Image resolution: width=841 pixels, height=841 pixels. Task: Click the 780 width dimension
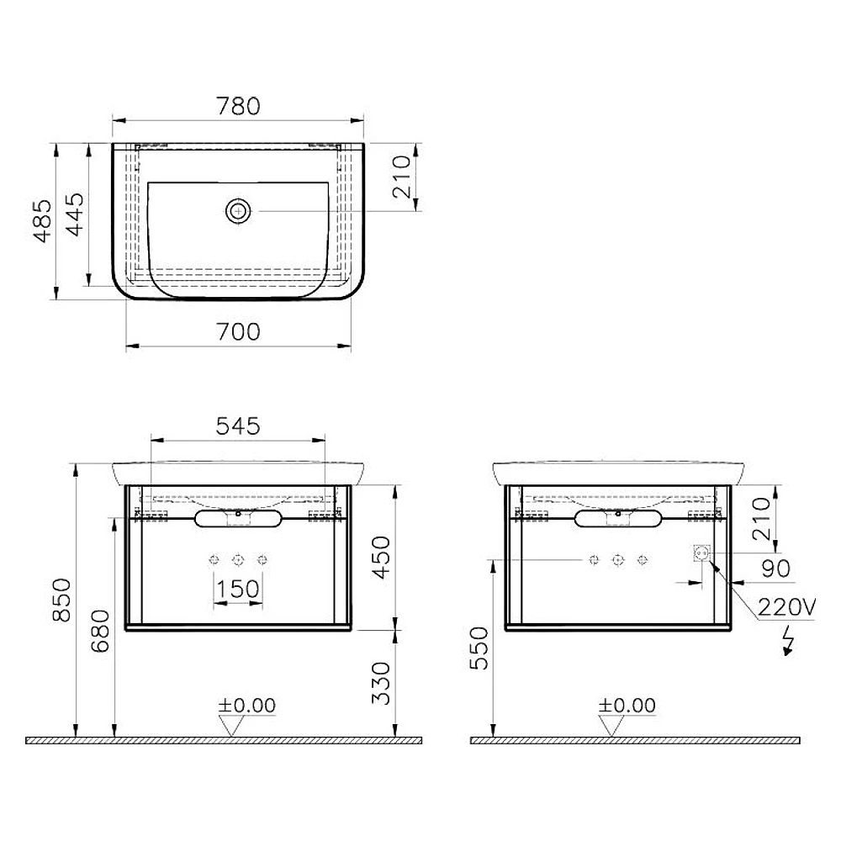238,106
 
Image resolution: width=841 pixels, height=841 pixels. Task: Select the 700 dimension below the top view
238,332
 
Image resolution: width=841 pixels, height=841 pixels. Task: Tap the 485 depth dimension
43,221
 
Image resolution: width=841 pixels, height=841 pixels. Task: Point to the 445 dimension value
75,214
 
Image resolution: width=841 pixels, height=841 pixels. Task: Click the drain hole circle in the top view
238,211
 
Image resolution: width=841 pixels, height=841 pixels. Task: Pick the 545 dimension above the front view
238,426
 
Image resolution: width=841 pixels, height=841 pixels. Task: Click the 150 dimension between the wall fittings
238,589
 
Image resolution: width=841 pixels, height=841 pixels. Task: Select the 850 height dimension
61,600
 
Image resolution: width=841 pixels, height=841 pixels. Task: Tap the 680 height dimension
100,631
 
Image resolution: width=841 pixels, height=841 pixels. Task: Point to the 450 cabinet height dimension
381,558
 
